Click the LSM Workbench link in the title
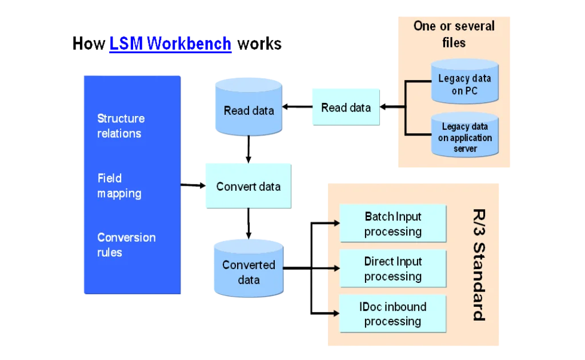170,44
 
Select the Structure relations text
121,126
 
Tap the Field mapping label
119,186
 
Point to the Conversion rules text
126,245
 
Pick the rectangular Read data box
346,107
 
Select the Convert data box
248,186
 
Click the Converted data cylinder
249,272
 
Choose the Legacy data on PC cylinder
464,85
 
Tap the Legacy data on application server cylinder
464,137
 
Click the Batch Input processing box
392,224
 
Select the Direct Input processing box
392,269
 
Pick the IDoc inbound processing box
392,314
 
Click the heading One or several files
454,34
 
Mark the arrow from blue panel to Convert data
193,185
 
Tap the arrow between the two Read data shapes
297,107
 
